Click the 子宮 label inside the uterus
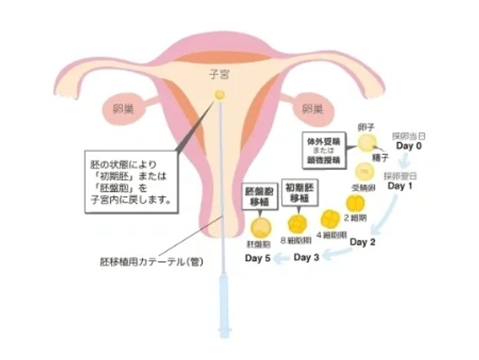coord(220,75)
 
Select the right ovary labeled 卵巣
coord(312,108)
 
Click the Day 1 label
coord(400,186)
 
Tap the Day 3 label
coord(307,257)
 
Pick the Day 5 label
coord(256,263)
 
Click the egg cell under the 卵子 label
coord(366,143)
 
